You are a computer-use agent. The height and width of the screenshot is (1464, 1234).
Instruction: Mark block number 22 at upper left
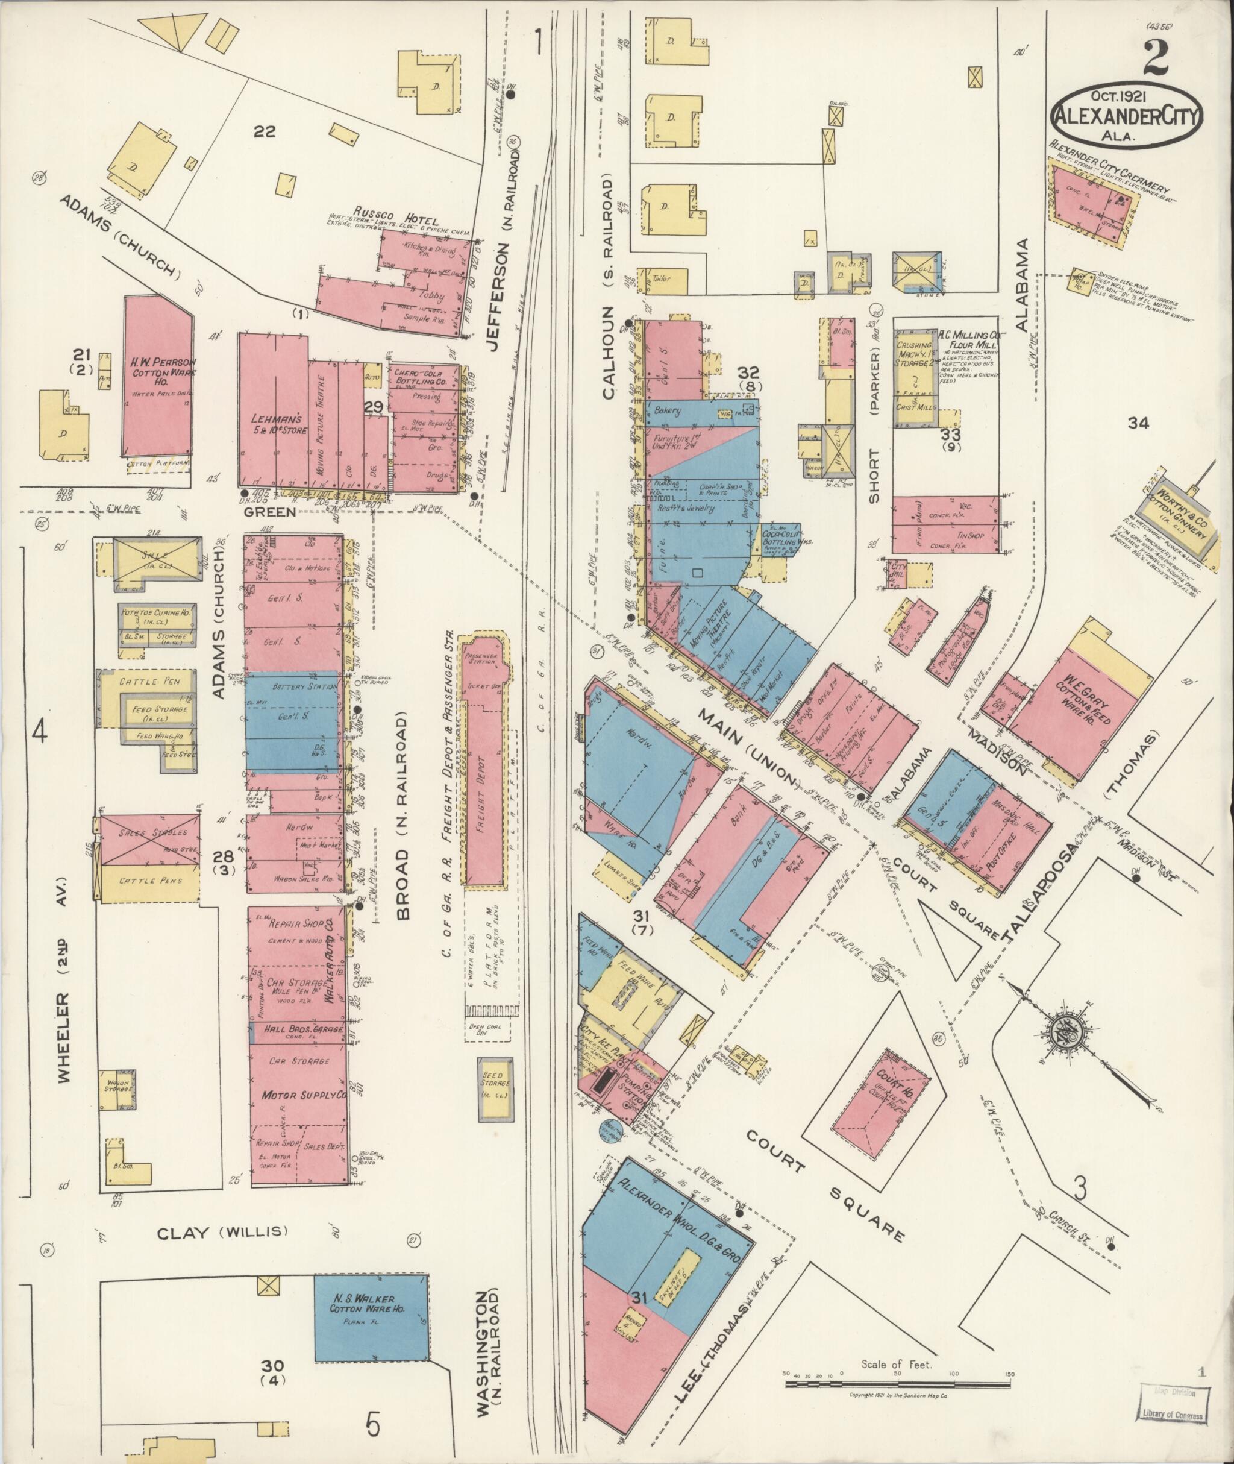264,131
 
